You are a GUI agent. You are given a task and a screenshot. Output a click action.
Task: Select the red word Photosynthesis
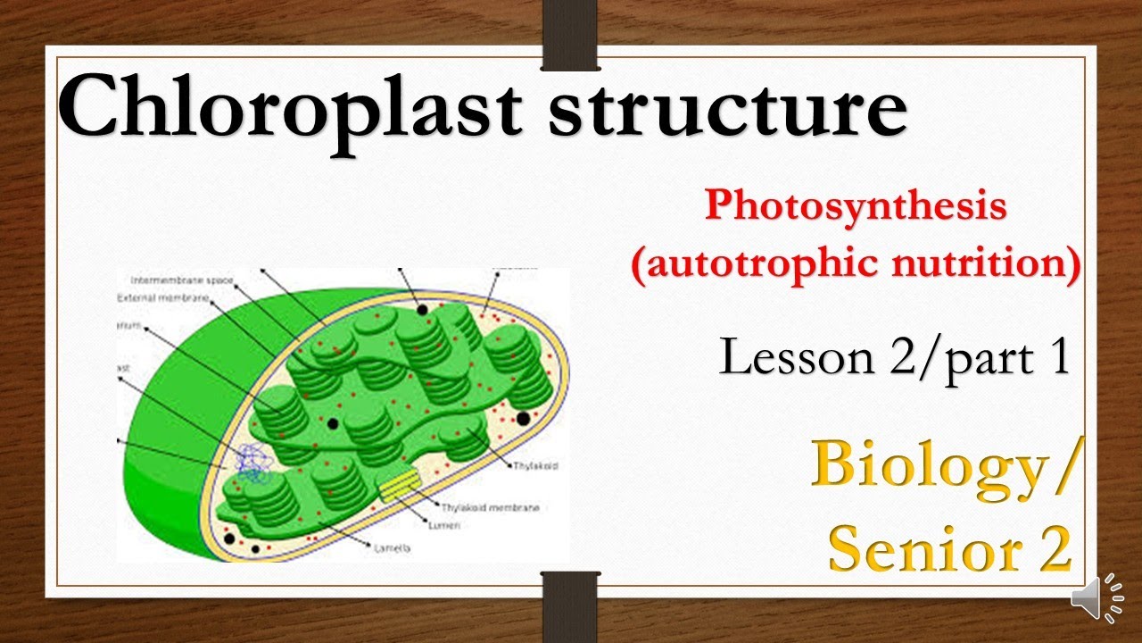tap(856, 206)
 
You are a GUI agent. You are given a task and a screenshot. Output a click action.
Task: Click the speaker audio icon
tap(1096, 599)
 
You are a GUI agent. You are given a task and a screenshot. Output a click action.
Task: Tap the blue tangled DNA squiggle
tap(253, 465)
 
